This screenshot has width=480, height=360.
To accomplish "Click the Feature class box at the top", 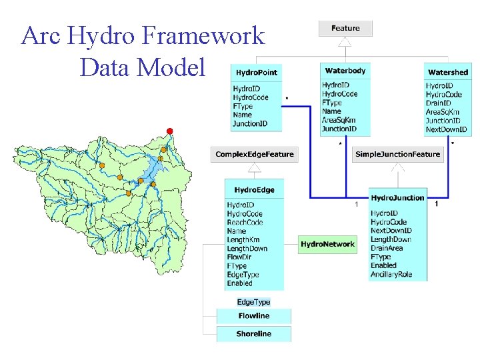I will pos(345,28).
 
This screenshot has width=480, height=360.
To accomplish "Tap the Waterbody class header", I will pos(345,71).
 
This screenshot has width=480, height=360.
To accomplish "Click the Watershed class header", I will pos(447,72).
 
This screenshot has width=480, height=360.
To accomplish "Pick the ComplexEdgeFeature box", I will pos(254,154).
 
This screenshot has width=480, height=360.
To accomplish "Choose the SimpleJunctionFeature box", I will pos(397,154).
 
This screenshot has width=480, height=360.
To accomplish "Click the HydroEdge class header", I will pos(254,190).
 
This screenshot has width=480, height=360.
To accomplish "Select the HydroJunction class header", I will pos(397,197).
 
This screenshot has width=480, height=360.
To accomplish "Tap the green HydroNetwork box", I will pos(327,245).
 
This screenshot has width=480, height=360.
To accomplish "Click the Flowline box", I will pos(253,315).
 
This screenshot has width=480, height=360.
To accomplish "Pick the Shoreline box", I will pos(253,333).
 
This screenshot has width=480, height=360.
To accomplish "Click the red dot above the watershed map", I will pos(169,131).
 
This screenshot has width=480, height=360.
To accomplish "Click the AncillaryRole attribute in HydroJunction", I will pos(392,274).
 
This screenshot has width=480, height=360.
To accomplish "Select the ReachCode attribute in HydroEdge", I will pos(245,222).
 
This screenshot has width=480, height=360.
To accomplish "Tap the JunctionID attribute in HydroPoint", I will pos(250,123).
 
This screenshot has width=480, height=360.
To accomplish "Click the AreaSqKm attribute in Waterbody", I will pos(339,120).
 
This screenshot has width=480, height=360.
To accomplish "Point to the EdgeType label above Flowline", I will pos(253,302).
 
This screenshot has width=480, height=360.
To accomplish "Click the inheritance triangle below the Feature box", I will pos(345,42).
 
